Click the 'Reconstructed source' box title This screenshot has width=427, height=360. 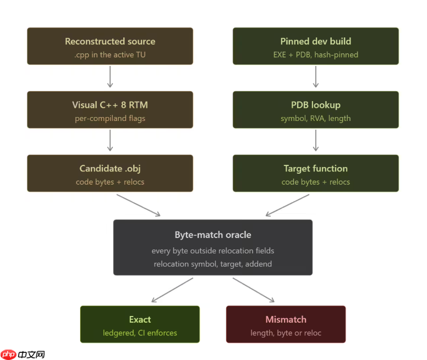click(x=110, y=41)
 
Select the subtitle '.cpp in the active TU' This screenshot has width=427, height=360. click(x=110, y=55)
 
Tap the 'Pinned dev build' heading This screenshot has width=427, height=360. click(x=316, y=41)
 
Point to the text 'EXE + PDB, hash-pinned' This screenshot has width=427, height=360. click(x=316, y=55)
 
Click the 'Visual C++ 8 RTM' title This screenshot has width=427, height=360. click(x=110, y=105)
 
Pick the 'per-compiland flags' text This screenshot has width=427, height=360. click(x=110, y=119)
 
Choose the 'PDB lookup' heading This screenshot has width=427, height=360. click(x=316, y=105)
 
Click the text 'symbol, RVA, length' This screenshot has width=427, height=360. click(x=316, y=119)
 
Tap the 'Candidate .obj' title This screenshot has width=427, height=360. click(x=110, y=169)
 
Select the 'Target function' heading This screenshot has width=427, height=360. click(x=316, y=169)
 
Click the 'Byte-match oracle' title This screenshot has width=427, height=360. click(x=213, y=235)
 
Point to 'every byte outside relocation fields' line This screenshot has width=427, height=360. click(x=213, y=251)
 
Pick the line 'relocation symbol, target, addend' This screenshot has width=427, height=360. click(x=213, y=264)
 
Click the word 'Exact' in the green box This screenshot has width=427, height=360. click(x=140, y=319)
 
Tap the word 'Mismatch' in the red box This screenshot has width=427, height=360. click(x=286, y=319)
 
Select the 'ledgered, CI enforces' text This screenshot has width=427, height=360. click(x=140, y=333)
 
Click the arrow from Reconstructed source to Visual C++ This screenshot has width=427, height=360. click(x=110, y=76)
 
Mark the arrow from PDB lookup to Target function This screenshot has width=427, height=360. click(x=316, y=140)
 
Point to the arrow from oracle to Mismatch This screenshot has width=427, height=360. click(x=254, y=290)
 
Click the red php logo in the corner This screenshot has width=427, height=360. click(x=8, y=355)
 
